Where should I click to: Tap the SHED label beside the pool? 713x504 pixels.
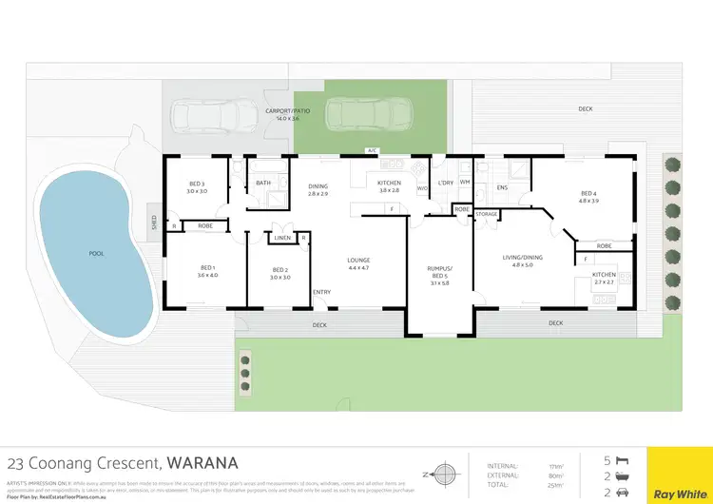[x=154, y=223]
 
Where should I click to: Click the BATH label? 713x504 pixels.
[x=263, y=183]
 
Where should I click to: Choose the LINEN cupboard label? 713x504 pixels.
[x=283, y=238]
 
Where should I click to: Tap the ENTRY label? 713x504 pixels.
[x=323, y=292]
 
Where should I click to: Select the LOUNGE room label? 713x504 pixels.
[x=358, y=260]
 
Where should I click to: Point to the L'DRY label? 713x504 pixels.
[x=446, y=183]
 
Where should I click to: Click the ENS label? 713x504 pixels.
[x=502, y=187]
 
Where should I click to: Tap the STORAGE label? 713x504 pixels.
[x=487, y=215]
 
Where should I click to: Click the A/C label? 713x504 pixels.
[x=372, y=150]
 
